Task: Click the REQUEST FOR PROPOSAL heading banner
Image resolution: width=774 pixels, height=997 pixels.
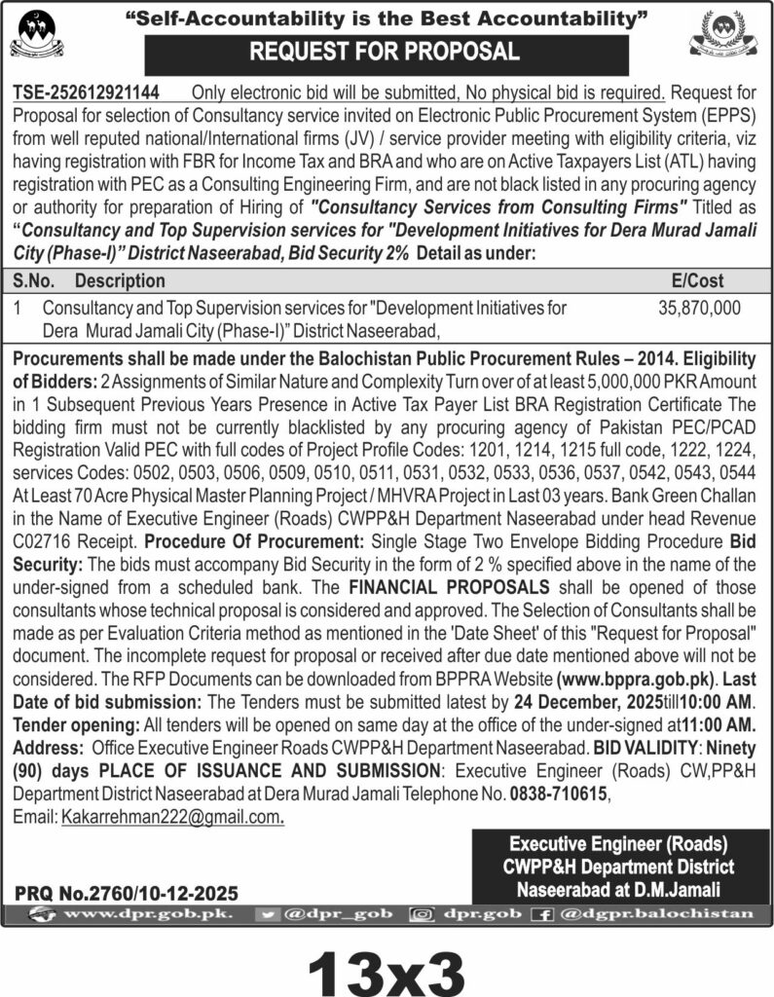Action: tap(387, 51)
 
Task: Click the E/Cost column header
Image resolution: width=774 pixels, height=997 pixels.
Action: tap(698, 280)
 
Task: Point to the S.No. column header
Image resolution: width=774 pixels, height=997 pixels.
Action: tap(34, 280)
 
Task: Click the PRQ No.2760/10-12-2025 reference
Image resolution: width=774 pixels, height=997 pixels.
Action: tap(127, 892)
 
